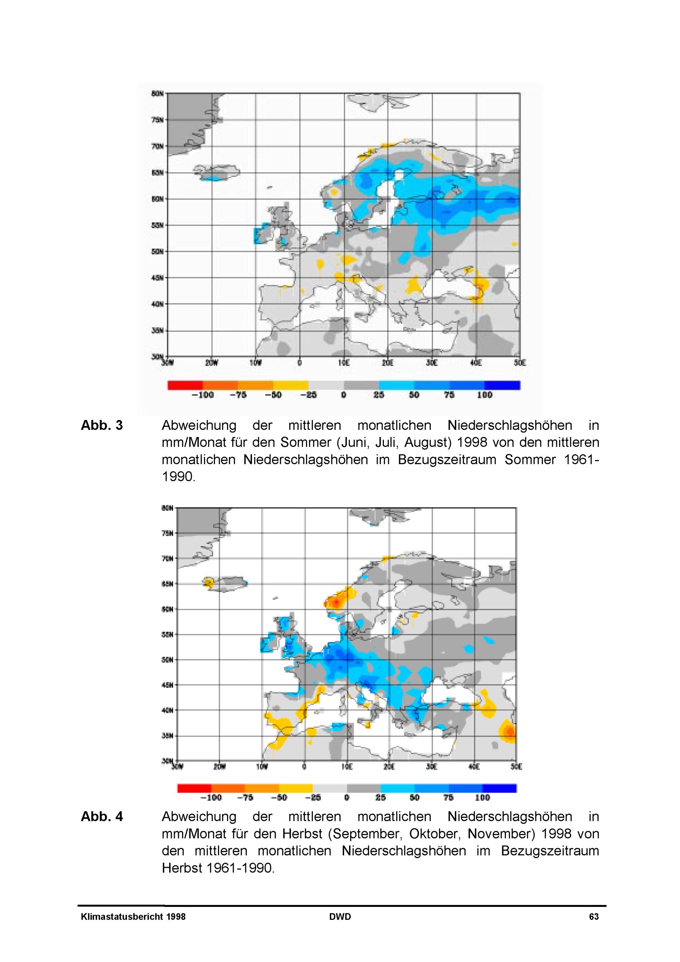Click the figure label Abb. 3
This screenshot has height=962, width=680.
(102, 426)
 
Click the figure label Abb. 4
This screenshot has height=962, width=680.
(102, 816)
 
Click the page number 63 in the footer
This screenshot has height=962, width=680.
(594, 917)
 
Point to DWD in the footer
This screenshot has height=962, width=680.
(340, 917)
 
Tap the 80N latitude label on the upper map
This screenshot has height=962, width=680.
(157, 94)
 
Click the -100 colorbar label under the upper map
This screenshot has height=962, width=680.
(203, 395)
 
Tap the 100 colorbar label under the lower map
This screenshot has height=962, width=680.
(482, 798)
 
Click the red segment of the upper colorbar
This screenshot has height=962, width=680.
(185, 385)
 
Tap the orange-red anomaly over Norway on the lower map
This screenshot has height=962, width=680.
(336, 603)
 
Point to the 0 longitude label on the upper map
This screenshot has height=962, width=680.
(300, 363)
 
